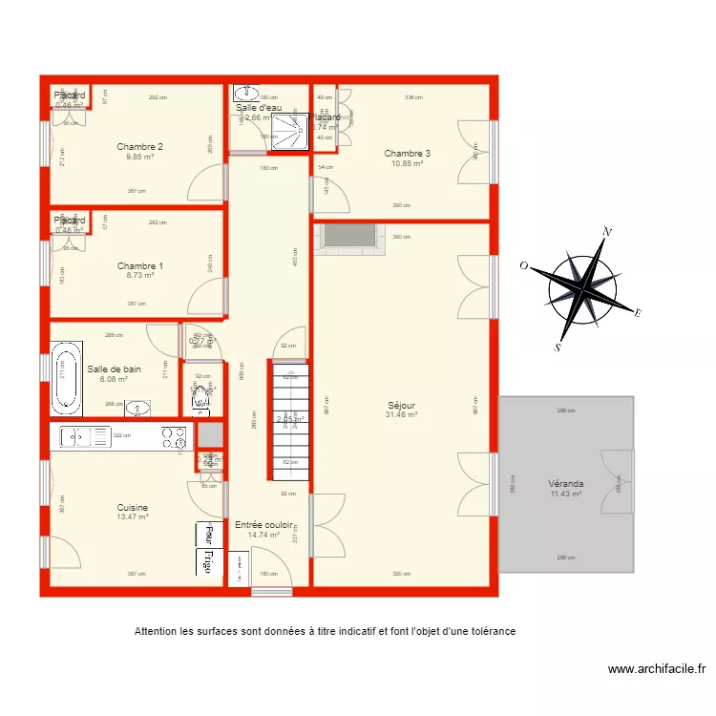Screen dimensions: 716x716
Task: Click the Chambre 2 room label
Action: [x=139, y=146]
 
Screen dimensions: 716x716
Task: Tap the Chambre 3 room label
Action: [x=407, y=154]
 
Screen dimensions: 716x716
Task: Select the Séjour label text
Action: [x=401, y=406]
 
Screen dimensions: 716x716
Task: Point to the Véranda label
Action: [x=567, y=484]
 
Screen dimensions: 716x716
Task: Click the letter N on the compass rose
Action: [x=605, y=232]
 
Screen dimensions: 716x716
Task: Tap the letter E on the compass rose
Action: [x=637, y=313]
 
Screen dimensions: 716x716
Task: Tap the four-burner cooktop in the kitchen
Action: [x=173, y=437]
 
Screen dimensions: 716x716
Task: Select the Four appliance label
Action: [x=203, y=533]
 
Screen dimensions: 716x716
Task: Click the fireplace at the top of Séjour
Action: [x=349, y=239]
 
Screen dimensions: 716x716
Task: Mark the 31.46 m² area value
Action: [x=401, y=415]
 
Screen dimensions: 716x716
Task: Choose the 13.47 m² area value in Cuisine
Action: [x=132, y=516]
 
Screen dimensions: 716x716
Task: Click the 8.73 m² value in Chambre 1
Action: [x=139, y=275]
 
